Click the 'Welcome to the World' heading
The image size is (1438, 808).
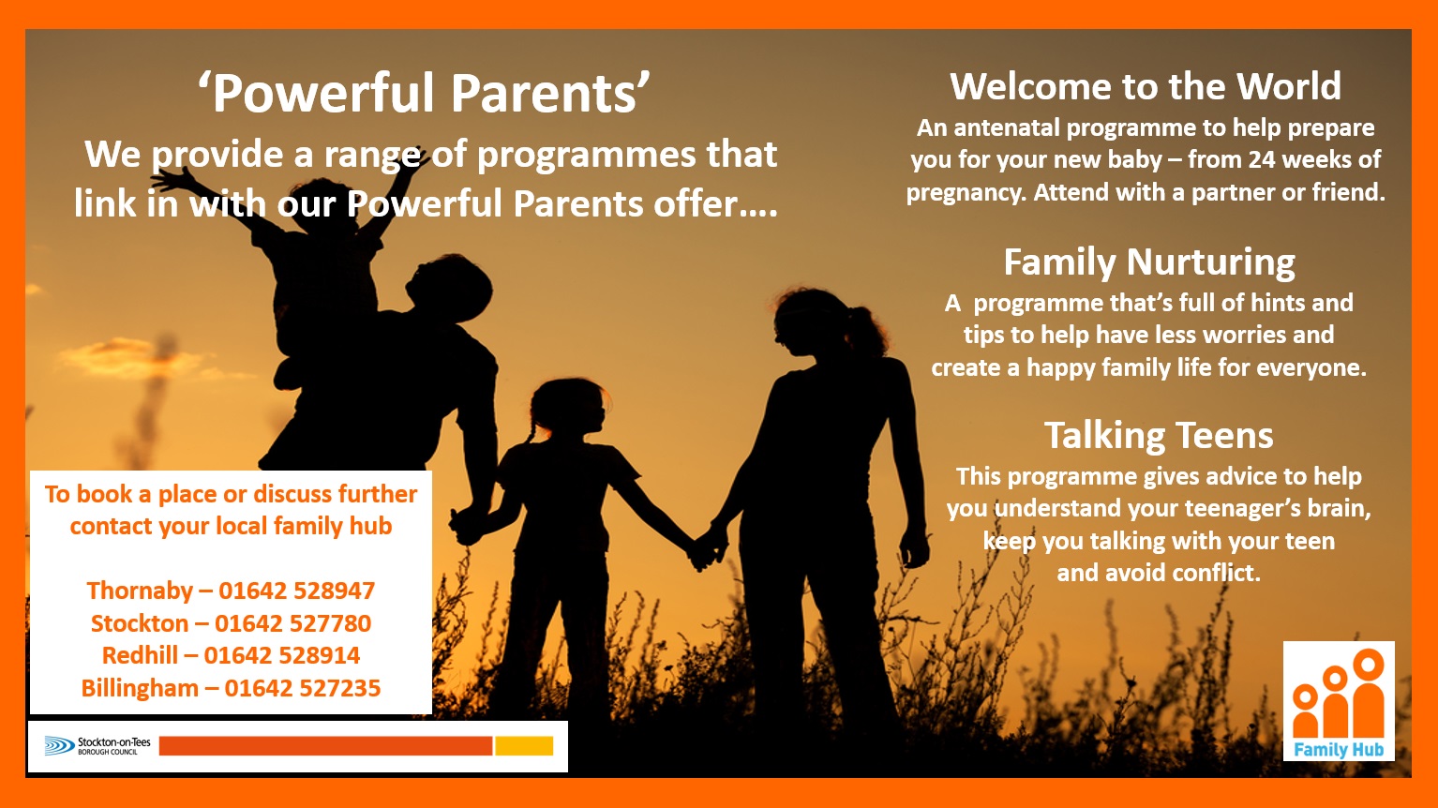pos(1146,86)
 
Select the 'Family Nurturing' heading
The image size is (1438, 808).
pos(1149,262)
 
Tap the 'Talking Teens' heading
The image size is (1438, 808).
pos(1159,435)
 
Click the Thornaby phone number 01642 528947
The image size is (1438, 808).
pos(296,591)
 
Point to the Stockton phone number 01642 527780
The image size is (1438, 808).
pos(292,623)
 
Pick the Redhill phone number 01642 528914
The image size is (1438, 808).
pos(282,655)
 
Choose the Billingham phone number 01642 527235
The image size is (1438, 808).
pos(303,688)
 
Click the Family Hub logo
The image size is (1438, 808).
pos(1340,701)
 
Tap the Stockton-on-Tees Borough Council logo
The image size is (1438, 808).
pos(97,746)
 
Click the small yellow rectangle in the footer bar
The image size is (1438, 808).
pos(524,746)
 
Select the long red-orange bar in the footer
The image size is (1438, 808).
pos(325,746)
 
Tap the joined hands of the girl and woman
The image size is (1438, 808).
pos(707,547)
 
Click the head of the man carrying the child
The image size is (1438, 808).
pos(449,287)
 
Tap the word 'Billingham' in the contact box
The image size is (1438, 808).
pos(140,689)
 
